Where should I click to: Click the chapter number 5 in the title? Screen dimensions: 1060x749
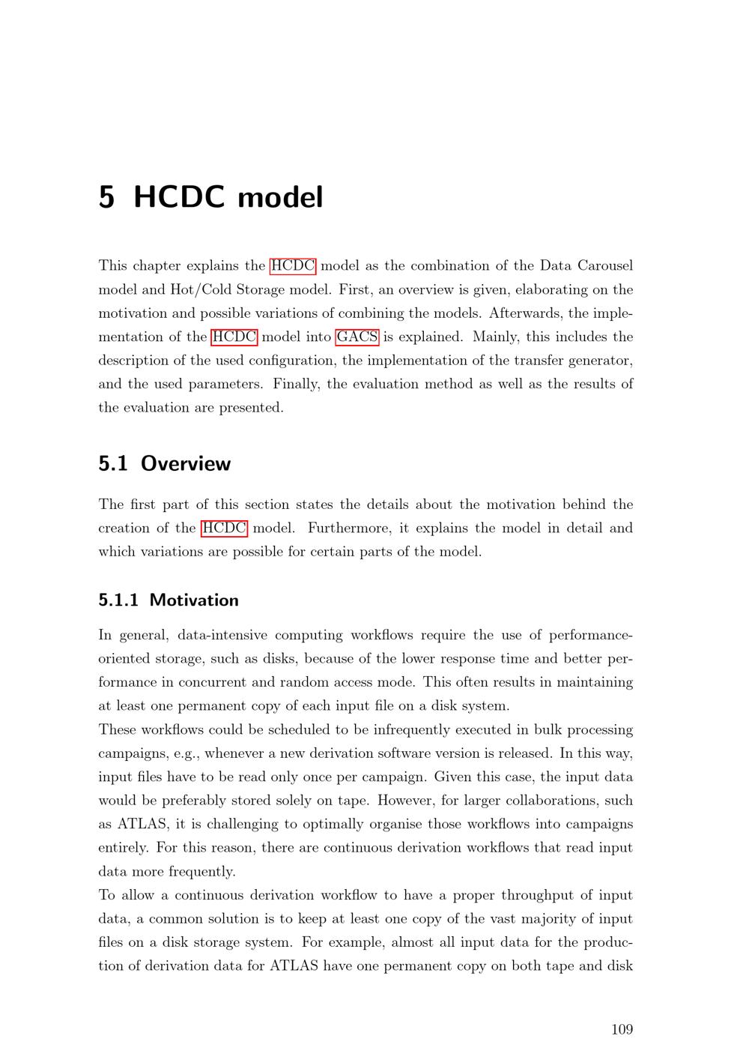tap(107, 197)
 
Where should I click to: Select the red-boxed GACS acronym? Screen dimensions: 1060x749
tap(357, 337)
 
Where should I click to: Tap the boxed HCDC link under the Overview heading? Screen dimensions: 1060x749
tap(224, 528)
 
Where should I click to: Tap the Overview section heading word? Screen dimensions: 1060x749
tap(186, 463)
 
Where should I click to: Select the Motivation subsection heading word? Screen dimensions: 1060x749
tap(194, 600)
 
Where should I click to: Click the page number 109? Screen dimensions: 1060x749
tap(622, 1029)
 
